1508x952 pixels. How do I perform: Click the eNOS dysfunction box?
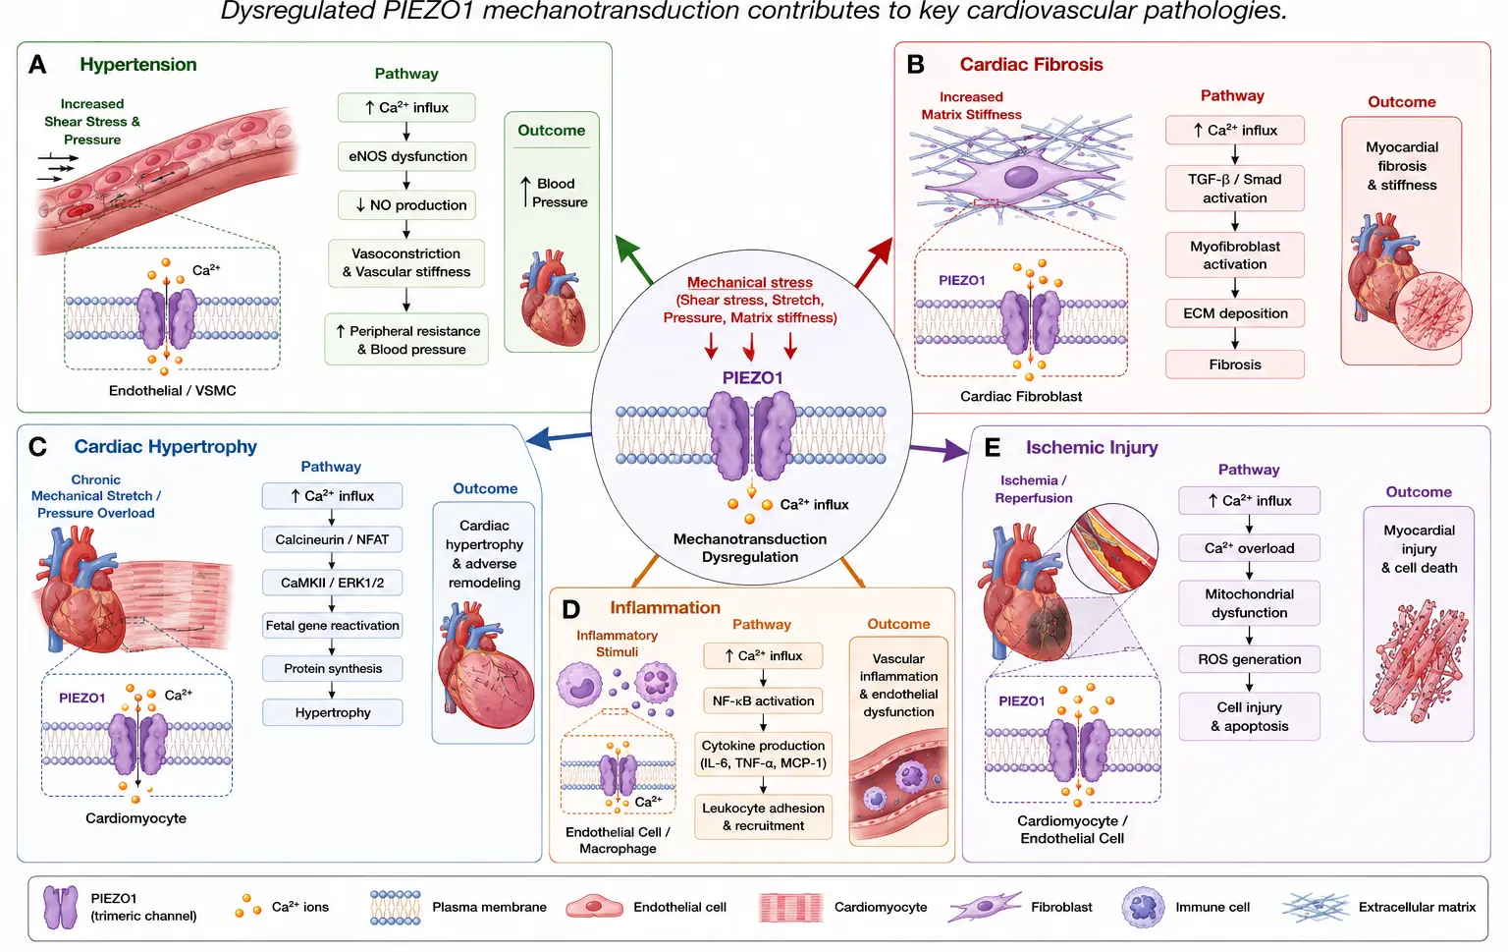coord(406,156)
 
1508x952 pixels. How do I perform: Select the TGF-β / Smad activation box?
coord(1235,189)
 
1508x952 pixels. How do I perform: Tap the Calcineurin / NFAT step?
coord(332,539)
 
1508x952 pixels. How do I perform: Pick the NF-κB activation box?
coord(763,700)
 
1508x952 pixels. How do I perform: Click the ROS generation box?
coord(1249,659)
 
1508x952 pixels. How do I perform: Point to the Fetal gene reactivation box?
coord(332,625)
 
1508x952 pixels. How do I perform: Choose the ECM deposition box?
coord(1235,313)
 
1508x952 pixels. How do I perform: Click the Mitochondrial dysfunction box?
coord(1249,603)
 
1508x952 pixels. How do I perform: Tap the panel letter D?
coord(570,610)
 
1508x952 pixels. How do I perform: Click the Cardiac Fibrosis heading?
coord(1031,64)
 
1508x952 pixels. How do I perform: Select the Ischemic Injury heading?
coord(1092,447)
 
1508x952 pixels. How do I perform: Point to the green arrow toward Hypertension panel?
coord(634,260)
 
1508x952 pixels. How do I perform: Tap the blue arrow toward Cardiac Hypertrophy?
coord(558,438)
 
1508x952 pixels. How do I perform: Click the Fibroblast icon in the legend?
coord(984,907)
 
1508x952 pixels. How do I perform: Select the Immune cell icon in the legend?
coord(1143,907)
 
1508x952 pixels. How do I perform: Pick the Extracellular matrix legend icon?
coord(1315,907)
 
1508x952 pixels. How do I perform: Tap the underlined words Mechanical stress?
coord(749,282)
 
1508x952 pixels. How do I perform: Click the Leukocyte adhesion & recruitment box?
coord(763,816)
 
